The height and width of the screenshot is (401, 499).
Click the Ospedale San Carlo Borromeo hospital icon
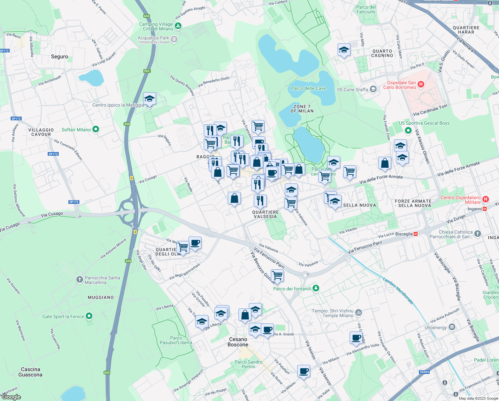[x=421, y=85]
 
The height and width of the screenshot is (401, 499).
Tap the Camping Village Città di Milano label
[x=156, y=26]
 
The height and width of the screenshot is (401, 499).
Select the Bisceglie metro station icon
[x=416, y=234]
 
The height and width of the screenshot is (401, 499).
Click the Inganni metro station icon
[x=485, y=209]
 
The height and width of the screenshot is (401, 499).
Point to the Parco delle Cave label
[x=308, y=88]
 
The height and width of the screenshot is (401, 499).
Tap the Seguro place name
[x=59, y=57]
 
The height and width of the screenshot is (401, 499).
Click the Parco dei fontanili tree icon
[x=316, y=288]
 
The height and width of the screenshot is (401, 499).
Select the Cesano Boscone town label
[x=238, y=342]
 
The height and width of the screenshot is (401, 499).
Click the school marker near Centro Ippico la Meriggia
[x=149, y=99]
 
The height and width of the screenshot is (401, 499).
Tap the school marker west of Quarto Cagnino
[x=344, y=50]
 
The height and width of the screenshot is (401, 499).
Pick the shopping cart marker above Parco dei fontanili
[x=277, y=276]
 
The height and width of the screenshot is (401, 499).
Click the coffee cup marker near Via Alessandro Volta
[x=356, y=338]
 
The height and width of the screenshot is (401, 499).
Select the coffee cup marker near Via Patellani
[x=304, y=371]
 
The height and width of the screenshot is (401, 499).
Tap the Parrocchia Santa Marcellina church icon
[x=79, y=280]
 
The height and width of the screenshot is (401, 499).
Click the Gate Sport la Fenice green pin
[x=89, y=316]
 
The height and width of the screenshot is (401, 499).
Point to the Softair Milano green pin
[x=96, y=129]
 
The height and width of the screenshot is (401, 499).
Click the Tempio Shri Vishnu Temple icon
[x=359, y=313]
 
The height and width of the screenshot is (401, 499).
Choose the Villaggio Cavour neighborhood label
[x=41, y=132]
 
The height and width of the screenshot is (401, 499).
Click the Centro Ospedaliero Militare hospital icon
[x=486, y=199]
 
